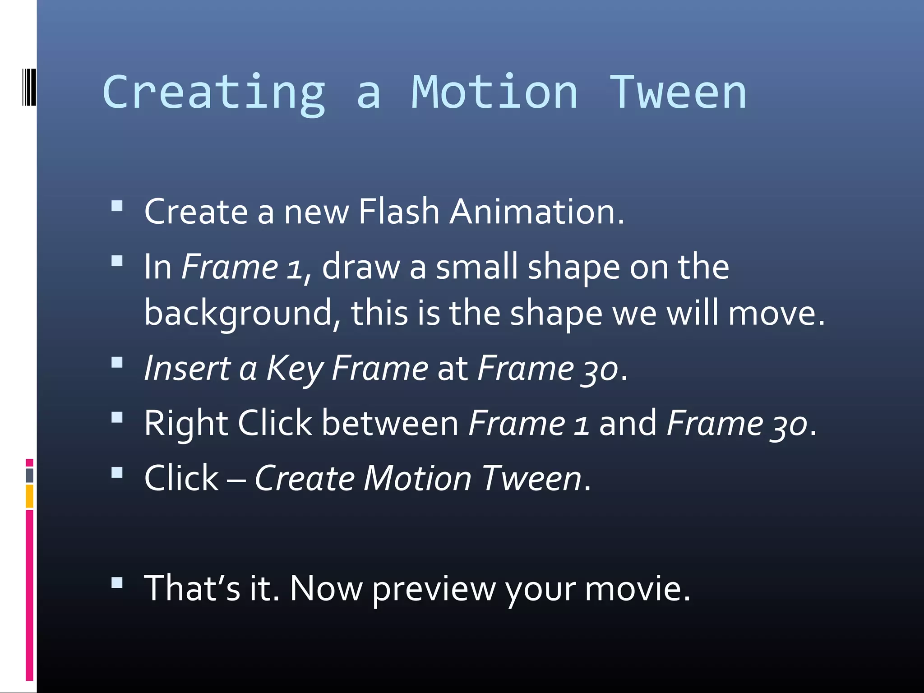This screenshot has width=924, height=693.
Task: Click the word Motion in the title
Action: point(494,92)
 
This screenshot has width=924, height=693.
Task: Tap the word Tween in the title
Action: point(678,92)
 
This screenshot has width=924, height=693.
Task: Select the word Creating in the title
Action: point(214,92)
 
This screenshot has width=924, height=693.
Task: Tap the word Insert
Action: point(187,368)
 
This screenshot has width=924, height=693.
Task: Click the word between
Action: point(390,423)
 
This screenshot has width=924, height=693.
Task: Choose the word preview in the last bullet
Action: point(434,589)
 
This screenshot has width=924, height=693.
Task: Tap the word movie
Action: point(638,588)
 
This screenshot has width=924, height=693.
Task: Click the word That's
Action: point(192,588)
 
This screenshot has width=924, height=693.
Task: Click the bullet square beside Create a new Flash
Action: point(117,206)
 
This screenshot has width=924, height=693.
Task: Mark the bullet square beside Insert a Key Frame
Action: point(117,363)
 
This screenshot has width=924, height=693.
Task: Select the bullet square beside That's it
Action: point(117,582)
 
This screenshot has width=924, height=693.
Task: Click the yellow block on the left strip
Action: point(29,496)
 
